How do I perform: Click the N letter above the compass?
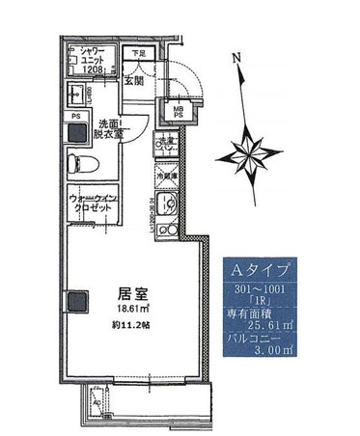tap(235, 57)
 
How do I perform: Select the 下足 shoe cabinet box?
tap(140, 54)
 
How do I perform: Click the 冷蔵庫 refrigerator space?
tap(167, 177)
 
